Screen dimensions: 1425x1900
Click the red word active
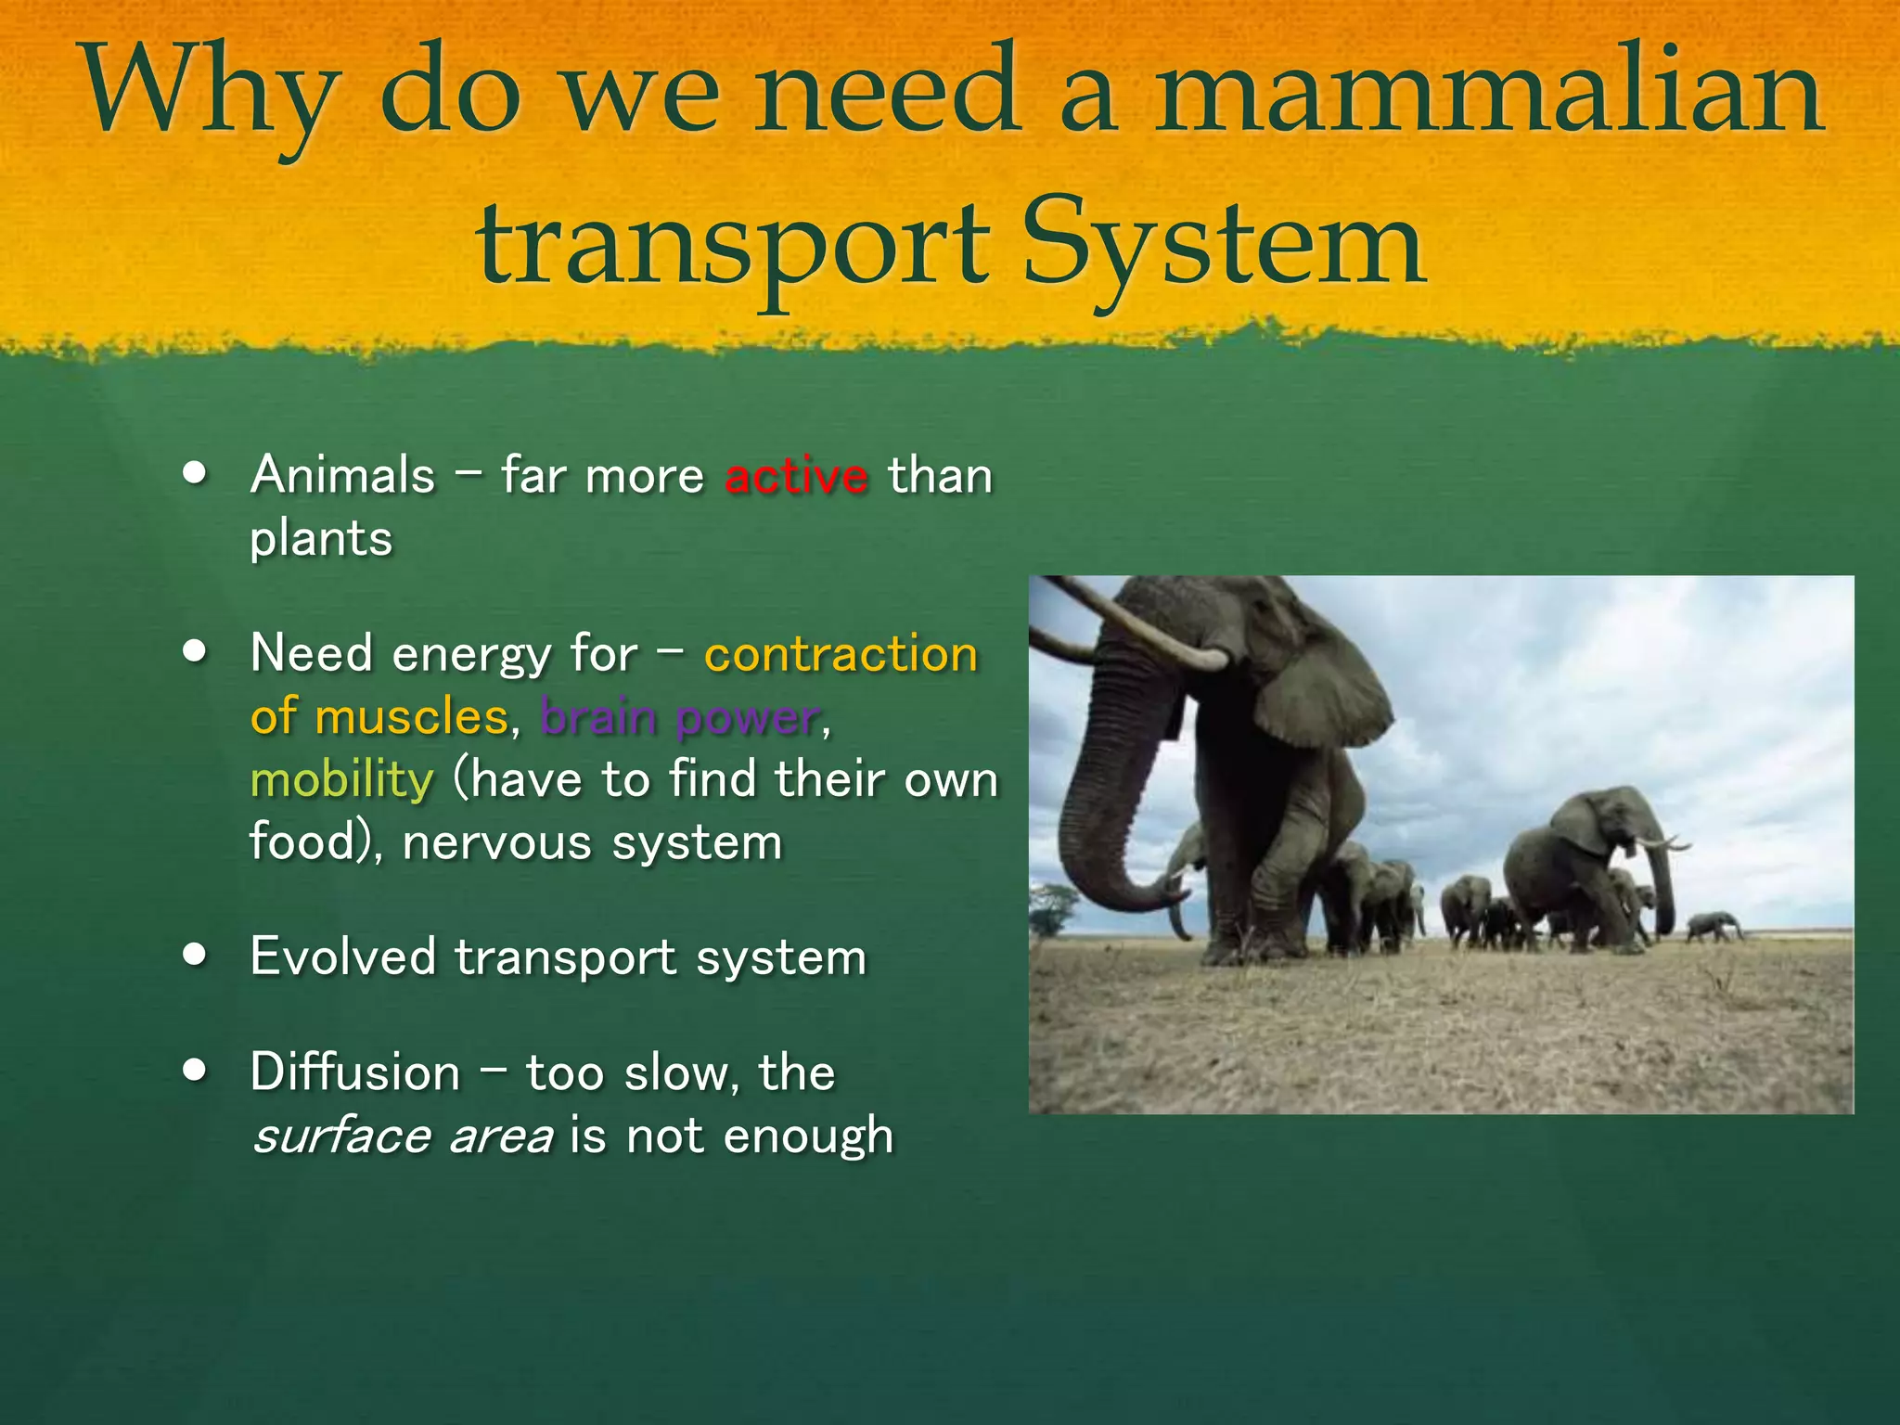click(x=796, y=476)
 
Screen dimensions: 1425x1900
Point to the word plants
click(x=321, y=539)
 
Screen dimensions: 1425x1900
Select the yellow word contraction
click(x=841, y=654)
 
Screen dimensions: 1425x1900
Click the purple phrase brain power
click(x=680, y=717)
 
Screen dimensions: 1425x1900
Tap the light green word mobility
click(x=341, y=779)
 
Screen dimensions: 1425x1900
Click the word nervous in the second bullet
click(x=497, y=842)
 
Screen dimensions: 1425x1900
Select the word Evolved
click(x=342, y=956)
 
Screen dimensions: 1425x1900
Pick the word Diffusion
click(x=355, y=1072)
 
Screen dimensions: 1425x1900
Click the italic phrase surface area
click(x=403, y=1136)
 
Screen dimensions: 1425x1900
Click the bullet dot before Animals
click(x=195, y=472)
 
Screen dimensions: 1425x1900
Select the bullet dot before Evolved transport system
click(x=195, y=955)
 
